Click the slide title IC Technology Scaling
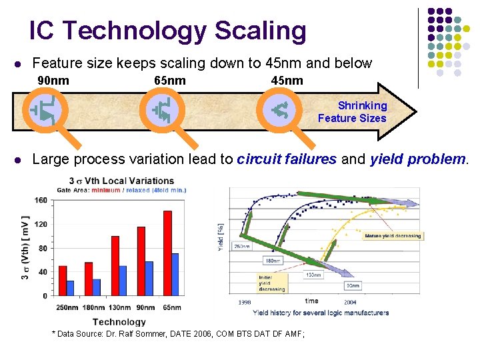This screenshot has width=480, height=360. coord(167,31)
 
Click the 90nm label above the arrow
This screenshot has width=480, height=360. coord(53,81)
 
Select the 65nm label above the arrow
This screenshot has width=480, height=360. coord(170,81)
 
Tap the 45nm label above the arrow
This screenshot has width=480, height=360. coord(287,81)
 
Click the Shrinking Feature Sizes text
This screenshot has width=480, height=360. coord(353,112)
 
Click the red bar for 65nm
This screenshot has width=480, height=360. coord(167,253)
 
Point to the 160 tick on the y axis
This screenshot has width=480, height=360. coord(41,200)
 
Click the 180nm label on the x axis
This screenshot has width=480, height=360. coord(93,307)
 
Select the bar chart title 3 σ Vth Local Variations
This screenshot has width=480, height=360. coord(121,181)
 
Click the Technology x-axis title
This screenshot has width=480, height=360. coord(119,321)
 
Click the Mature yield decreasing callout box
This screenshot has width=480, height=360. coord(393,236)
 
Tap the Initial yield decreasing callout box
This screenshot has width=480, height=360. coord(273,283)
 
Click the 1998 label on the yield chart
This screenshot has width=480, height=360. coord(245,301)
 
